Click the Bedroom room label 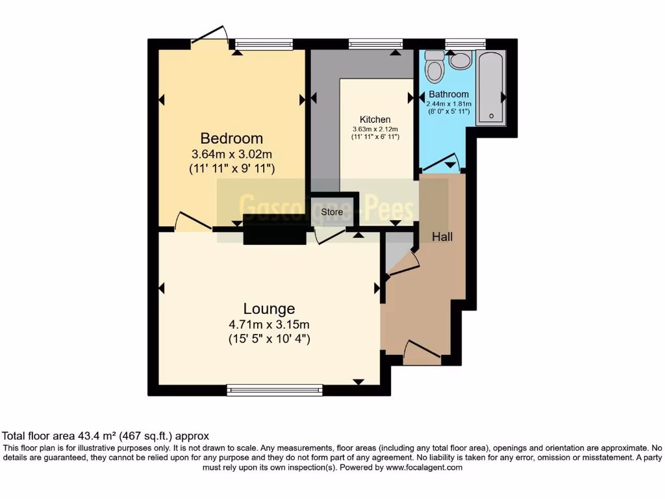click(231, 138)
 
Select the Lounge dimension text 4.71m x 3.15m click(269, 325)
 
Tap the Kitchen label click(375, 120)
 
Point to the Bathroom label click(448, 94)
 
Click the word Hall click(442, 237)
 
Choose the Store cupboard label click(332, 212)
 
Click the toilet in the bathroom click(433, 64)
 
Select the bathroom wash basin click(460, 61)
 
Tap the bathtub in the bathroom click(491, 88)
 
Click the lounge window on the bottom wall click(275, 390)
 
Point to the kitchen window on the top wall click(375, 44)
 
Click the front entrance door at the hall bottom click(422, 351)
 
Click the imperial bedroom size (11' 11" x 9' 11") click(231, 169)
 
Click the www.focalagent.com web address click(424, 467)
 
